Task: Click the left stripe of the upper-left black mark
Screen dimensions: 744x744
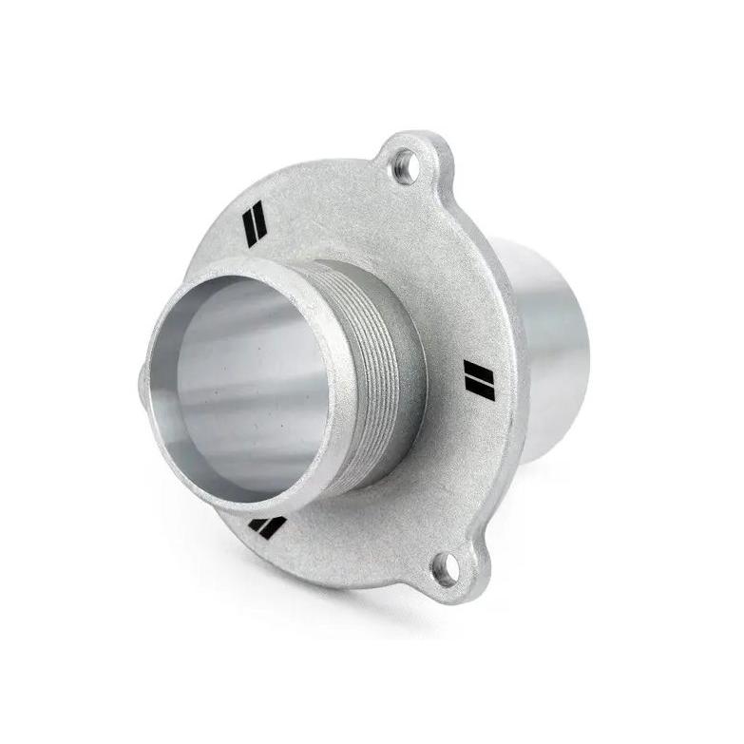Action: pyautogui.click(x=250, y=221)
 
